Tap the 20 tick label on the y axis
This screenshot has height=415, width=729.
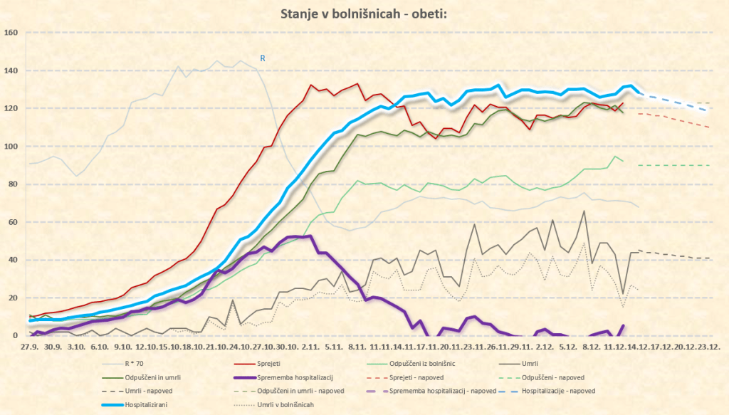click(13, 298)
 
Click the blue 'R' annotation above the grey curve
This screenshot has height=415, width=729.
click(262, 58)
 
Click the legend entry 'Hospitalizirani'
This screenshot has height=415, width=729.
click(151, 404)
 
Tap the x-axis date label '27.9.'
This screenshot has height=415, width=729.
click(29, 347)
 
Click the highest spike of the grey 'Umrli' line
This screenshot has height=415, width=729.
click(584, 211)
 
